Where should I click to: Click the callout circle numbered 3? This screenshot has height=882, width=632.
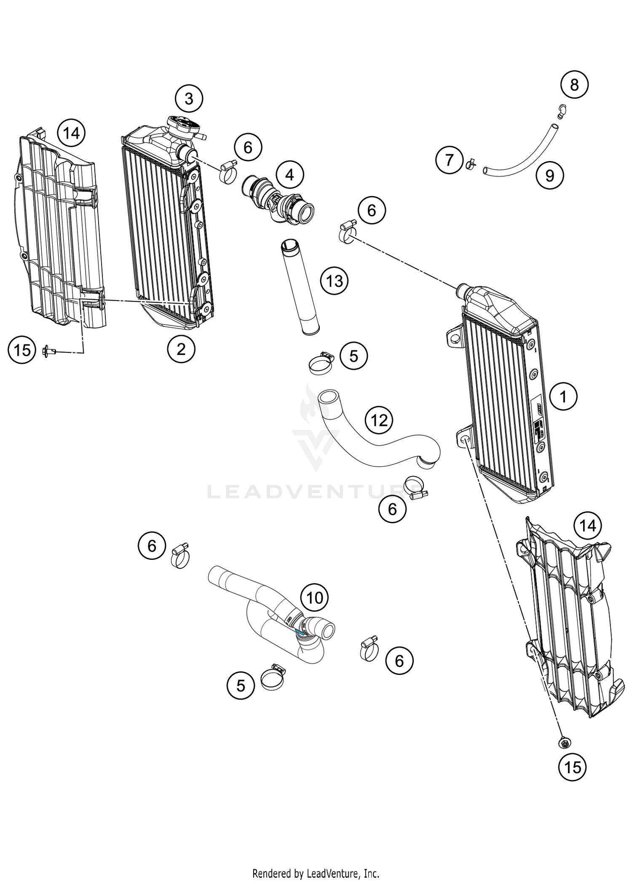tap(189, 99)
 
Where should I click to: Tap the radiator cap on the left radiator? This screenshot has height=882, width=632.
tap(182, 125)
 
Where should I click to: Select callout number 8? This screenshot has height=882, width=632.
tap(574, 85)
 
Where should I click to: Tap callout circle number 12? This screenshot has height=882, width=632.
tap(379, 420)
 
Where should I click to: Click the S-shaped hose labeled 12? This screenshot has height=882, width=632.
tap(379, 451)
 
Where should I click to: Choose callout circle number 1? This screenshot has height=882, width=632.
tap(563, 396)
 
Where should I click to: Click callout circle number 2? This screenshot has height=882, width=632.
tap(181, 349)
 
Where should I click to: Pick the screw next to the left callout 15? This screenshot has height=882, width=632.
tap(48, 350)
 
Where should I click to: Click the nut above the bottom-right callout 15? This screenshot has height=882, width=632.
tap(564, 742)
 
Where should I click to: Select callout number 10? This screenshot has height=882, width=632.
tap(314, 597)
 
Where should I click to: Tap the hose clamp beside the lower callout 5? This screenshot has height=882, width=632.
tap(273, 678)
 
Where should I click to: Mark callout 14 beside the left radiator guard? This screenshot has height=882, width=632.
tap(71, 133)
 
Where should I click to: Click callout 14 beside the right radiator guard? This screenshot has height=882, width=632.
tap(588, 526)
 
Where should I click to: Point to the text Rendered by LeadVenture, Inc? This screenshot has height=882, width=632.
tap(316, 873)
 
